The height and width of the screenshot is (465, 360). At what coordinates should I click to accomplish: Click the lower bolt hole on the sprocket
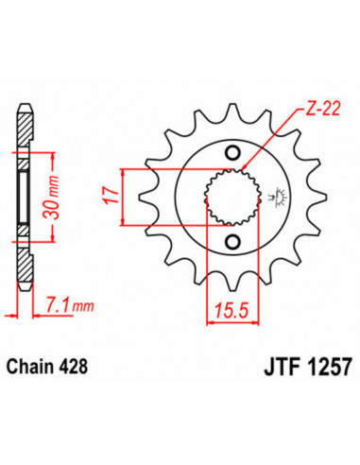click(x=228, y=242)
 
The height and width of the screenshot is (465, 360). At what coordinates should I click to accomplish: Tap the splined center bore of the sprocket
click(x=228, y=198)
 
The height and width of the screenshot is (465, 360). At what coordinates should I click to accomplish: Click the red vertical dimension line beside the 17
click(x=124, y=198)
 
